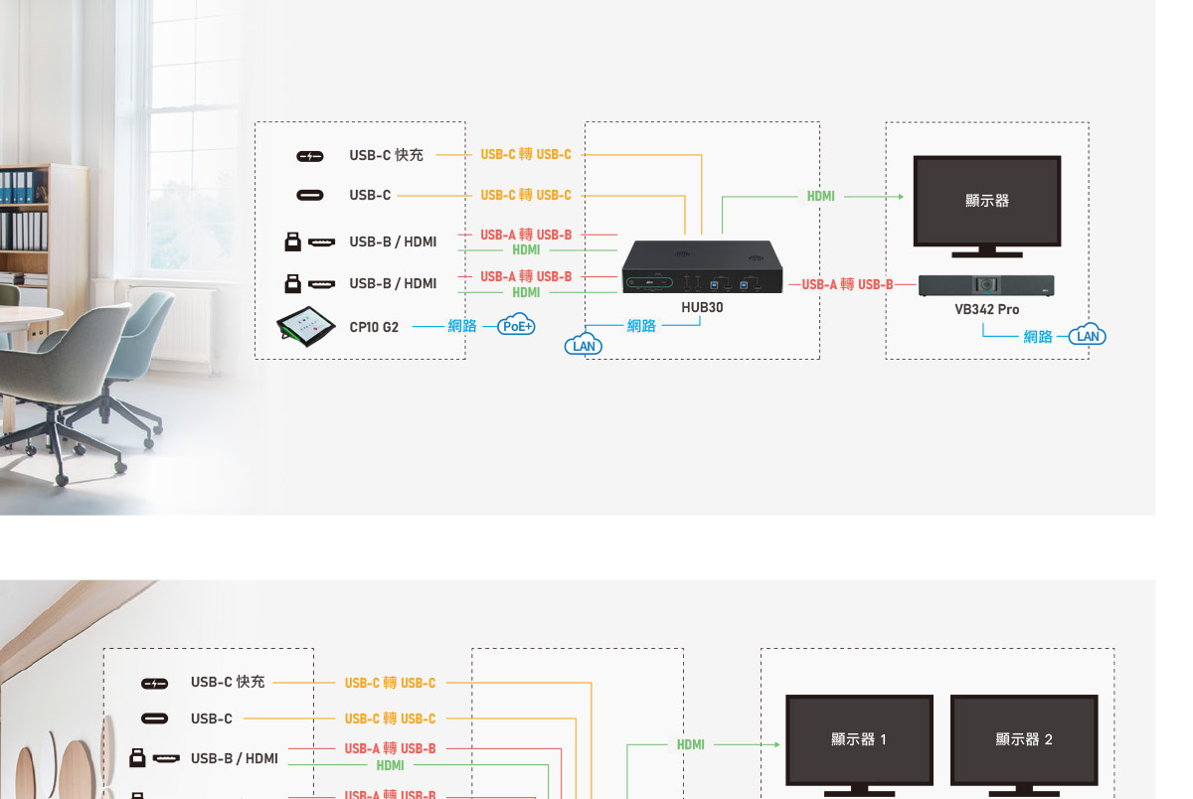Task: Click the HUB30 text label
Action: pyautogui.click(x=702, y=308)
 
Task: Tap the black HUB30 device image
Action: pyautogui.click(x=702, y=267)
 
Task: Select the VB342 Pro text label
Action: pyautogui.click(x=986, y=309)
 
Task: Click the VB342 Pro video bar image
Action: pyautogui.click(x=985, y=285)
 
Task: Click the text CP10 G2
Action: pyautogui.click(x=374, y=327)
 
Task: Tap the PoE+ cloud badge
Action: pyautogui.click(x=516, y=325)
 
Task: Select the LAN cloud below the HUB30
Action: pyautogui.click(x=584, y=345)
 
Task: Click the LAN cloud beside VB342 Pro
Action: pyautogui.click(x=1089, y=336)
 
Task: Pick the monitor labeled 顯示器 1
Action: pyautogui.click(x=859, y=739)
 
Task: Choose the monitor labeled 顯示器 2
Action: pyautogui.click(x=1024, y=739)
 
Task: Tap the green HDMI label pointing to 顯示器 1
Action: pyautogui.click(x=690, y=744)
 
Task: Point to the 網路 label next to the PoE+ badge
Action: pyautogui.click(x=462, y=326)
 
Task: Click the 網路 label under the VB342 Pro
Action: pyautogui.click(x=1037, y=337)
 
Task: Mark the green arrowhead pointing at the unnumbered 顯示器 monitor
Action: pyautogui.click(x=900, y=197)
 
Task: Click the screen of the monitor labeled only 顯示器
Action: pyautogui.click(x=986, y=200)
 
